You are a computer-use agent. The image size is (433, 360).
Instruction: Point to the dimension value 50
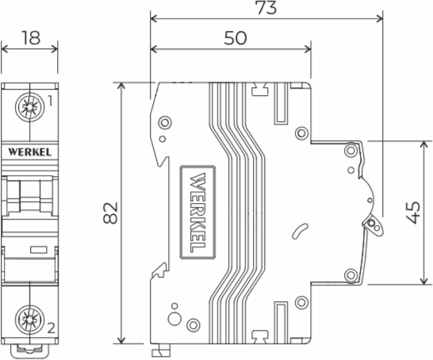[x=231, y=37]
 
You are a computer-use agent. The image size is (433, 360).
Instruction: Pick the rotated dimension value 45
[x=412, y=213]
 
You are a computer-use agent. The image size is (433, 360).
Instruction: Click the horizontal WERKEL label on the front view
[x=29, y=148]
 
